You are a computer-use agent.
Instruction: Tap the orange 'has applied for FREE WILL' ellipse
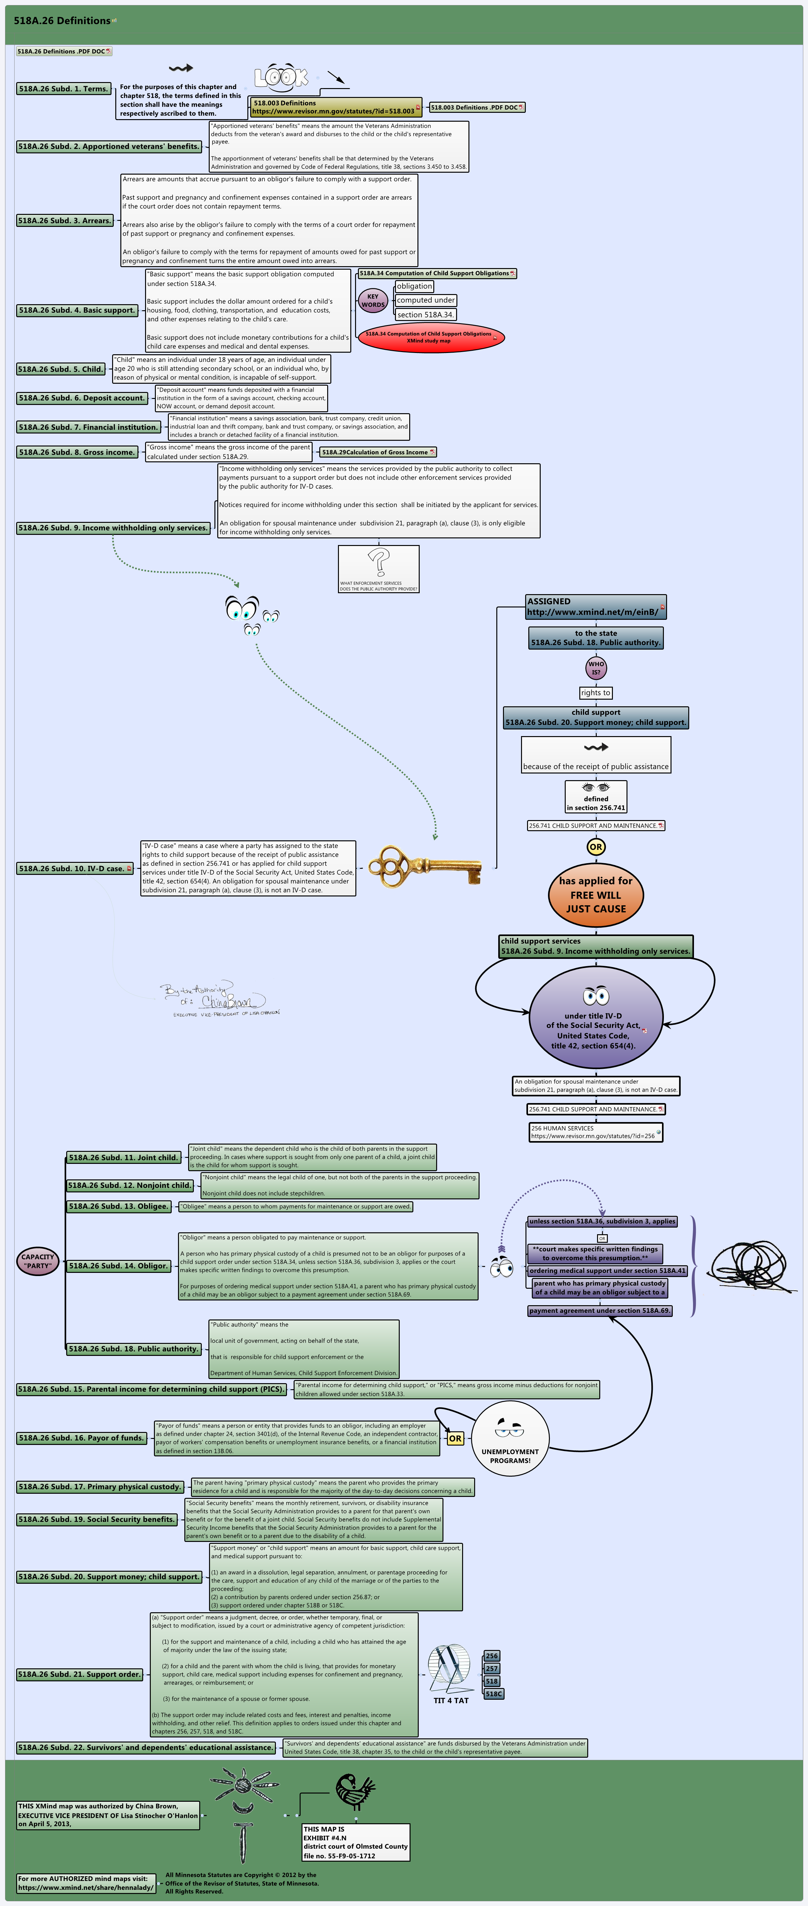click(x=596, y=895)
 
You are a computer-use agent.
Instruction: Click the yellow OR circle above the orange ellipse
click(x=596, y=846)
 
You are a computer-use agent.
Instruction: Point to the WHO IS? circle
click(x=596, y=667)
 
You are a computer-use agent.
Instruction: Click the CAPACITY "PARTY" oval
click(x=38, y=1261)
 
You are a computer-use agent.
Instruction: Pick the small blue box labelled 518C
click(x=493, y=1694)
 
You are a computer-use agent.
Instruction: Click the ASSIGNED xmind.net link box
click(x=596, y=607)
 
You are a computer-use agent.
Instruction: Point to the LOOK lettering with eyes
click(x=281, y=76)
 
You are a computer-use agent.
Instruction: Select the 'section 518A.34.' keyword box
click(x=425, y=314)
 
